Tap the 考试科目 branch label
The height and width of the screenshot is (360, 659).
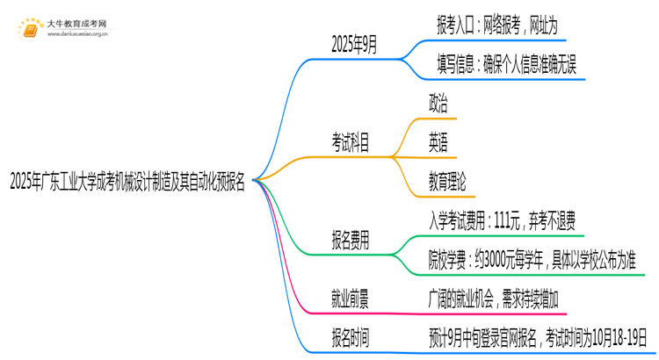click(x=350, y=140)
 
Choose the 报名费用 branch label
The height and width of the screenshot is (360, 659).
click(x=350, y=239)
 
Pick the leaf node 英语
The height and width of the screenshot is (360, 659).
click(x=438, y=142)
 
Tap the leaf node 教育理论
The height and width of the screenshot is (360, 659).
click(x=447, y=182)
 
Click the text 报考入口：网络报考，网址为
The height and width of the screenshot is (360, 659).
click(x=496, y=26)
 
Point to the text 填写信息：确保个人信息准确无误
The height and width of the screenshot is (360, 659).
click(x=506, y=66)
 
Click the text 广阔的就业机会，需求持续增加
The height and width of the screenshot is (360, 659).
click(x=503, y=299)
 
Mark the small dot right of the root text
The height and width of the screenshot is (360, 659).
click(x=253, y=181)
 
